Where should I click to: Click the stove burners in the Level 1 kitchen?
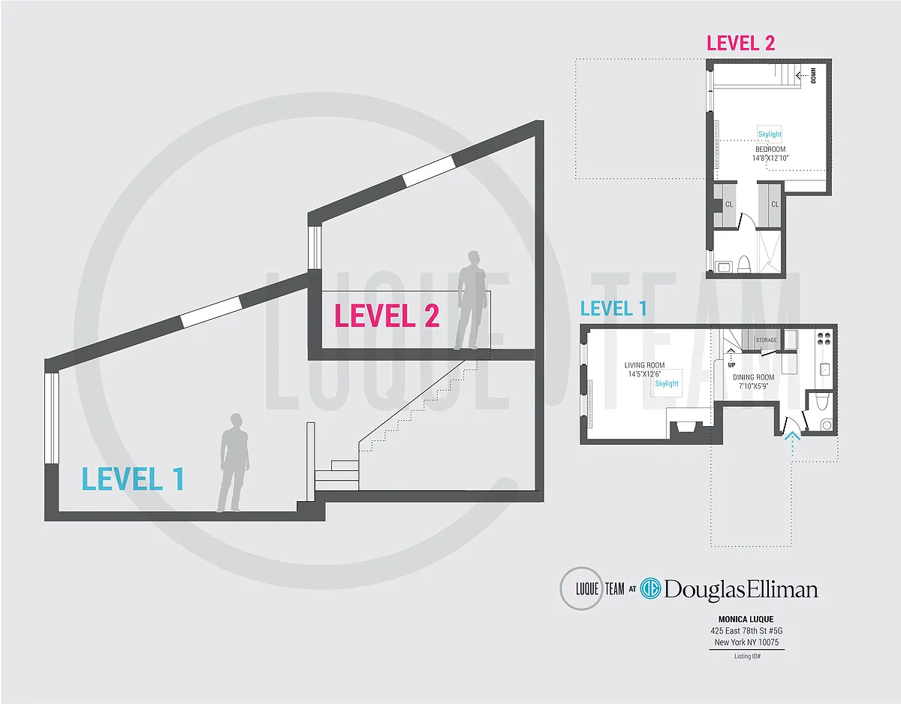pyautogui.click(x=824, y=339)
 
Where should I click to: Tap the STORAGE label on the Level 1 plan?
pyautogui.click(x=766, y=340)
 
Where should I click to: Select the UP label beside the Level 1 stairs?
pyautogui.click(x=731, y=365)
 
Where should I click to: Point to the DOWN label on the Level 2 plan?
pyautogui.click(x=813, y=75)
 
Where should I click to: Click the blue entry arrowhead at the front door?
pyautogui.click(x=792, y=435)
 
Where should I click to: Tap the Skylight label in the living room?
pyautogui.click(x=667, y=383)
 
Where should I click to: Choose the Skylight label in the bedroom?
pyautogui.click(x=770, y=134)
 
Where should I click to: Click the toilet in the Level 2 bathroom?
pyautogui.click(x=744, y=264)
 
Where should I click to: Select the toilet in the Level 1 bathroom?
pyautogui.click(x=821, y=401)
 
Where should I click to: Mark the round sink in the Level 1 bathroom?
pyautogui.click(x=827, y=425)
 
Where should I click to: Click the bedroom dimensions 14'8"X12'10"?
pyautogui.click(x=770, y=158)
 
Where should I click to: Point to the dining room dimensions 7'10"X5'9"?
pyautogui.click(x=753, y=386)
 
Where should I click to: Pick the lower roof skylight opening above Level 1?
pyautogui.click(x=211, y=312)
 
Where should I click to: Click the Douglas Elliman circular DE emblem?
pyautogui.click(x=650, y=590)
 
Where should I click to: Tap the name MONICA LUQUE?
pyautogui.click(x=746, y=619)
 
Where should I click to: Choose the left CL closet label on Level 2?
pyautogui.click(x=729, y=204)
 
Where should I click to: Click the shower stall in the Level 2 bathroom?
pyautogui.click(x=770, y=252)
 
